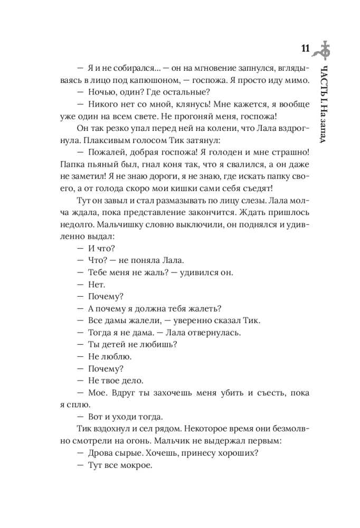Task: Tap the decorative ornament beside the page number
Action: coord(323,50)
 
